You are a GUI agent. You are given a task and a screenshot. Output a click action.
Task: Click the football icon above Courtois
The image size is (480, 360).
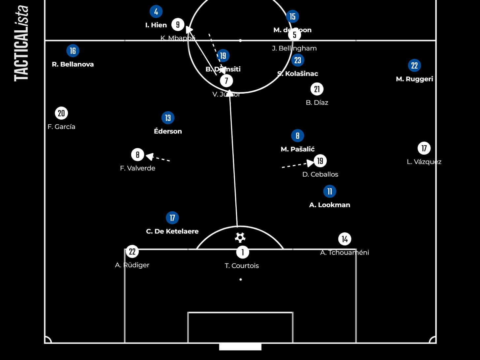point(240,237)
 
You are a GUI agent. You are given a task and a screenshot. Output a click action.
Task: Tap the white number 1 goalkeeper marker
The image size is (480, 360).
point(243,252)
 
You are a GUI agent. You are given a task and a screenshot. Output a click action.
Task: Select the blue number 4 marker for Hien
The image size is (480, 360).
point(156,12)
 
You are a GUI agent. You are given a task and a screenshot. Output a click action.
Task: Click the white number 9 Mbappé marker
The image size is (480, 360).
point(178,24)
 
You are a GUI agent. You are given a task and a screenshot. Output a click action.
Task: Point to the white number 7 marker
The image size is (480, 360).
point(226,80)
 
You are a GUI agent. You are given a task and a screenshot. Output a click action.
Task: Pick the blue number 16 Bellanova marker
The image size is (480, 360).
point(73,51)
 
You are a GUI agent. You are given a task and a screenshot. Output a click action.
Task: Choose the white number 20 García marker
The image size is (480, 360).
point(61,113)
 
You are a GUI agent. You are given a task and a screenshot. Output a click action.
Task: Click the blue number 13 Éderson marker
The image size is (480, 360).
point(168,118)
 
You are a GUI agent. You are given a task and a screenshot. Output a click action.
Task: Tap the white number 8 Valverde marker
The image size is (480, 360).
point(137,155)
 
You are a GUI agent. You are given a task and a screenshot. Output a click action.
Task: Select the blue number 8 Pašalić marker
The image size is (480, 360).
point(297,135)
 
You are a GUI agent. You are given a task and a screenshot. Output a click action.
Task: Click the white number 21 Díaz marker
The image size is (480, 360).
point(317,89)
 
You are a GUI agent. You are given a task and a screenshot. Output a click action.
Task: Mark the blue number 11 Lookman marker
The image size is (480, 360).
point(330,191)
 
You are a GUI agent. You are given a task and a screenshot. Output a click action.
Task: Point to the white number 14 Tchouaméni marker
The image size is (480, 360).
point(345,239)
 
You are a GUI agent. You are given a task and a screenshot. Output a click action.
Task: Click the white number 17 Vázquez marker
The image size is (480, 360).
point(424,148)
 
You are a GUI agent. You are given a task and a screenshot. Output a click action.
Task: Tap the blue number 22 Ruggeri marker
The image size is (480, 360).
point(414,66)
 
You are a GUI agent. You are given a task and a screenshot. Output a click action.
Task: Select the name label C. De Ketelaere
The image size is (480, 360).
point(172,231)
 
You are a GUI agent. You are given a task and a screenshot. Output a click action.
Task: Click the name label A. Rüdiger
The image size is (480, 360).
point(132,265)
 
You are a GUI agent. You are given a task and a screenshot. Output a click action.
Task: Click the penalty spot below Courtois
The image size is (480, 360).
point(241,280)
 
